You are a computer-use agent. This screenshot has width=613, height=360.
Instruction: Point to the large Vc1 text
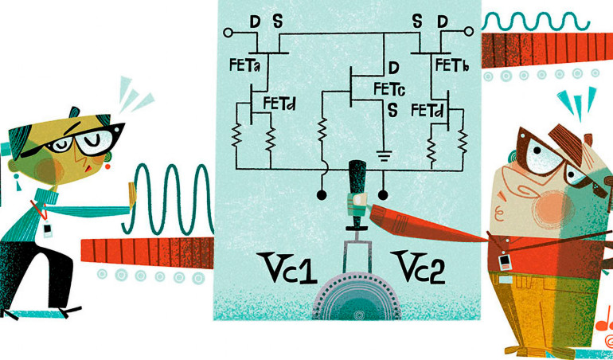[284, 268]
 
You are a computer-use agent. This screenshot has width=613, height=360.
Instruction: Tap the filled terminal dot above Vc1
[321, 194]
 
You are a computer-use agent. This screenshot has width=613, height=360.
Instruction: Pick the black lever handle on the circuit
[357, 180]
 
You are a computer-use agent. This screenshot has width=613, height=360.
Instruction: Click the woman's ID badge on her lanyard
[49, 230]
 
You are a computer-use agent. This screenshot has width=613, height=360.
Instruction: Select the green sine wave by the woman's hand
[172, 199]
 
